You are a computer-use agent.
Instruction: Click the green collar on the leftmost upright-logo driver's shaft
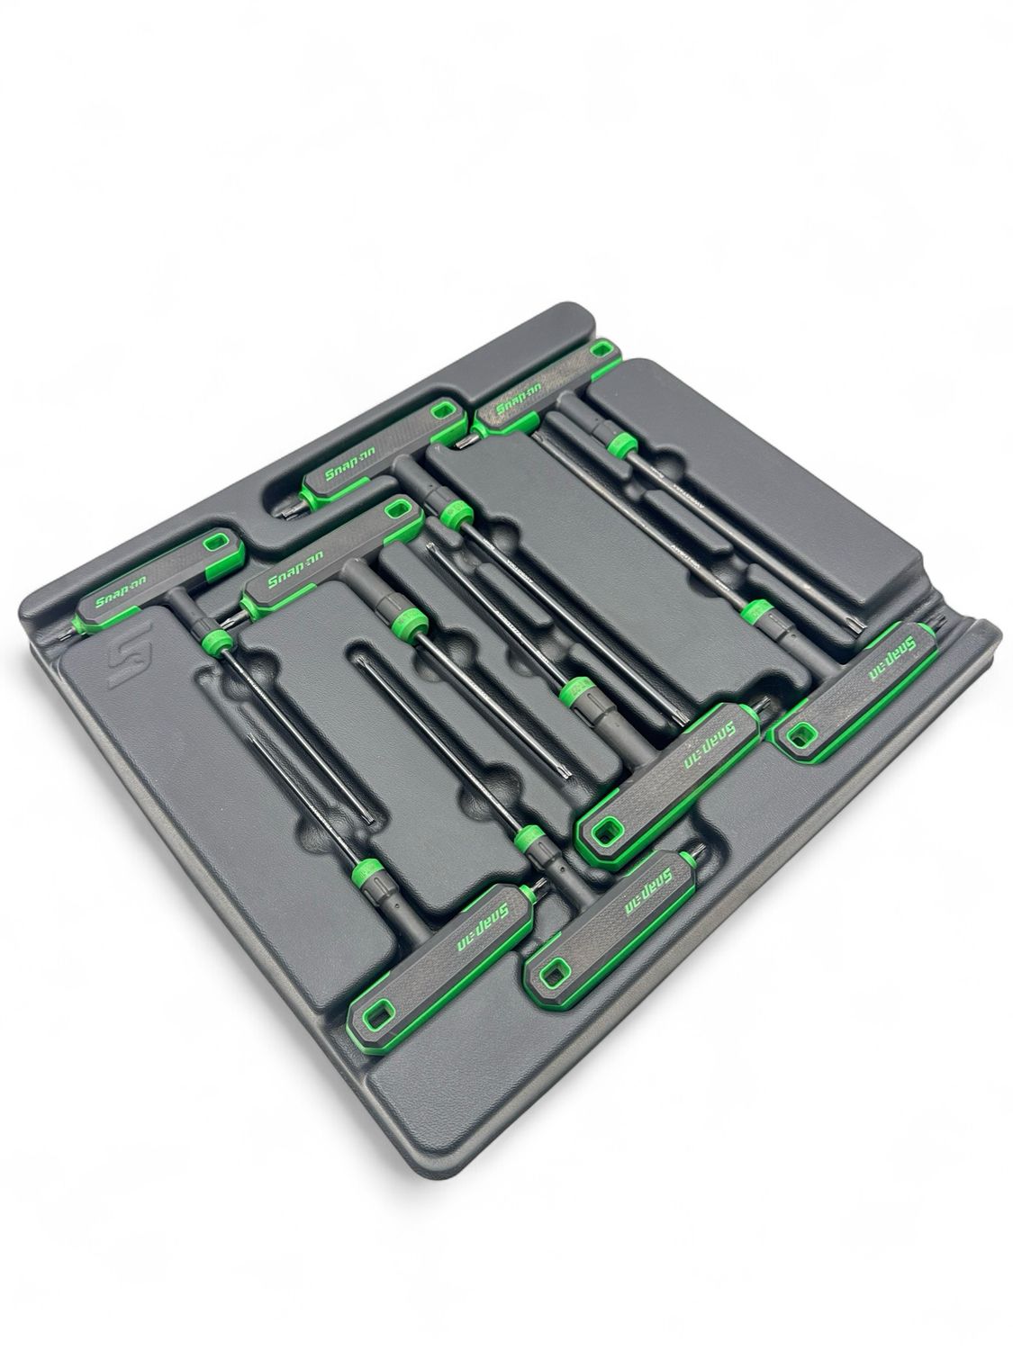coord(213,640)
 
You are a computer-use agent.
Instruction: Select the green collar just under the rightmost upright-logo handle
coord(618,443)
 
